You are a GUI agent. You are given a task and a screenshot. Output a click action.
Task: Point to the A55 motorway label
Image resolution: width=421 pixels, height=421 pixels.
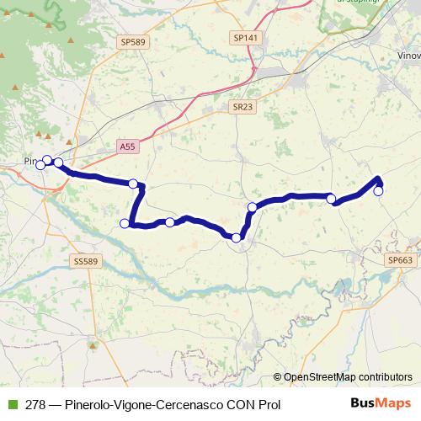[x=127, y=146]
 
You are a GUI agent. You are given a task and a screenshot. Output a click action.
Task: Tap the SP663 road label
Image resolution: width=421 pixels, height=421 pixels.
[x=401, y=261]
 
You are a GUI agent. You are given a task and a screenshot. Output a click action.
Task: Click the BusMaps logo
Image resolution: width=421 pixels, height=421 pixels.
[x=383, y=402]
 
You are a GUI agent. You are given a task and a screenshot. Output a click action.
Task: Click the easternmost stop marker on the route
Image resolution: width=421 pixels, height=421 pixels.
[x=379, y=191]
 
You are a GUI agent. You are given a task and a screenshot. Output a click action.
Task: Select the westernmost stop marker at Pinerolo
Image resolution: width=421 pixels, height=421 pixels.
[x=40, y=165]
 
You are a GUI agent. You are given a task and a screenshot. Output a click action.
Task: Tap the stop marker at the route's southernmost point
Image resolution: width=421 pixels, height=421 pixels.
[x=237, y=238]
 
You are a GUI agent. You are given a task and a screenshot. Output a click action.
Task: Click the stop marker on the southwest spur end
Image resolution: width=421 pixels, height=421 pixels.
[x=125, y=223]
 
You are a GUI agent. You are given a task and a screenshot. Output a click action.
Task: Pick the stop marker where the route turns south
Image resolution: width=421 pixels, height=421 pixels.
[x=133, y=184]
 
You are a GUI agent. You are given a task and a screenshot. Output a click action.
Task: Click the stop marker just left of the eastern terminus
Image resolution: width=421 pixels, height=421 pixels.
[x=332, y=199]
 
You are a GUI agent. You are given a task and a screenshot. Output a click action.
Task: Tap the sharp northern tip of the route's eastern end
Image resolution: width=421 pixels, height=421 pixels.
[x=380, y=177]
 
